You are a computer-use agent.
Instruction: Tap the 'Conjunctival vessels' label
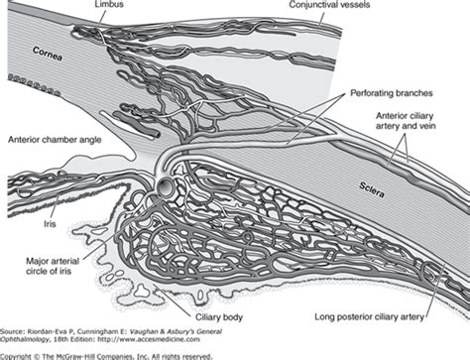click(329, 5)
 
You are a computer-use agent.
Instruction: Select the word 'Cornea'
click(48, 54)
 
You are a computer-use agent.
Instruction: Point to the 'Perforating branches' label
click(392, 93)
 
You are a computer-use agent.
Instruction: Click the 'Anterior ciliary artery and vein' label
click(406, 121)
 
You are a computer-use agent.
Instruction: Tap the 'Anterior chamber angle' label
click(55, 140)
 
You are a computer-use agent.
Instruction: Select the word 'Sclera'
click(372, 189)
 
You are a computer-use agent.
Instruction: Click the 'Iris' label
click(50, 224)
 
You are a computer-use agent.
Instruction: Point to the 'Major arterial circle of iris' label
click(53, 266)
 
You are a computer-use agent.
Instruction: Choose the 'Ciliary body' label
click(219, 317)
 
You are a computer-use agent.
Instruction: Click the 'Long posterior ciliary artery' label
click(369, 317)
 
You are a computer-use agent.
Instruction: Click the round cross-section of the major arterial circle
click(165, 187)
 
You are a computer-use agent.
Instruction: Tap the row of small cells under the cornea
click(34, 84)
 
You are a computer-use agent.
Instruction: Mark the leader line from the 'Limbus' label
click(102, 17)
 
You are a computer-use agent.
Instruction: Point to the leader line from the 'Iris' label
click(56, 207)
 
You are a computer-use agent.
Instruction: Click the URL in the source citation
click(148, 339)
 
